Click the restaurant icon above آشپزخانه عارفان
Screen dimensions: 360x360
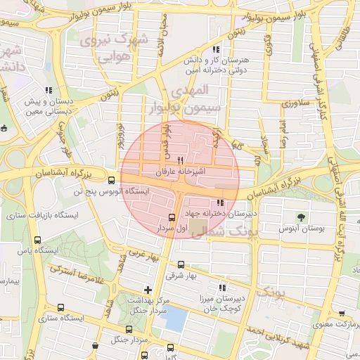pyautogui.click(x=181, y=160)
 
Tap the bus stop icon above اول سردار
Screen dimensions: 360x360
pyautogui.click(x=172, y=217)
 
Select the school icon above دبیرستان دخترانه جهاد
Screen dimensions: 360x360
pyautogui.click(x=224, y=202)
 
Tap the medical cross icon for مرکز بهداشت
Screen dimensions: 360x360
pyautogui.click(x=147, y=289)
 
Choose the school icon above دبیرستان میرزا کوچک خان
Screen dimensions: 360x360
pyautogui.click(x=223, y=288)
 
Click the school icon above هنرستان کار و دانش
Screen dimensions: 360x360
pyautogui.click(x=216, y=50)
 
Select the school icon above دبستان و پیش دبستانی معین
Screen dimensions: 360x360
pyautogui.click(x=49, y=90)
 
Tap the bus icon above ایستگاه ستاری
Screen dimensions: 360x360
pyautogui.click(x=60, y=308)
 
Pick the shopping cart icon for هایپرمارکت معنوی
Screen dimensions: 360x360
pyautogui.click(x=342, y=314)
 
